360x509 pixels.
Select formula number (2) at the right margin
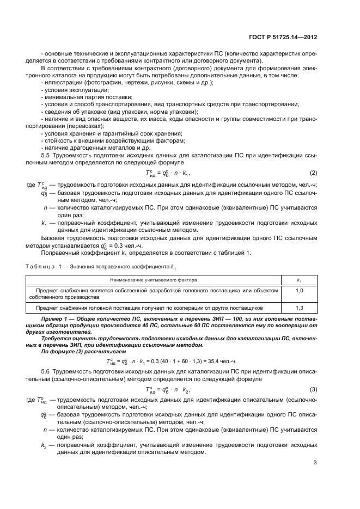point(313,173)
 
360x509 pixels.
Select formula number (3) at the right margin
point(313,390)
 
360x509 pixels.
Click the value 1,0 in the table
point(299,291)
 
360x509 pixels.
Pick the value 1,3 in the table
point(299,308)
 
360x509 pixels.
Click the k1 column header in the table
point(299,279)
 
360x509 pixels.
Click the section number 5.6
point(46,371)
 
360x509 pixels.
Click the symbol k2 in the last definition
point(44,445)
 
